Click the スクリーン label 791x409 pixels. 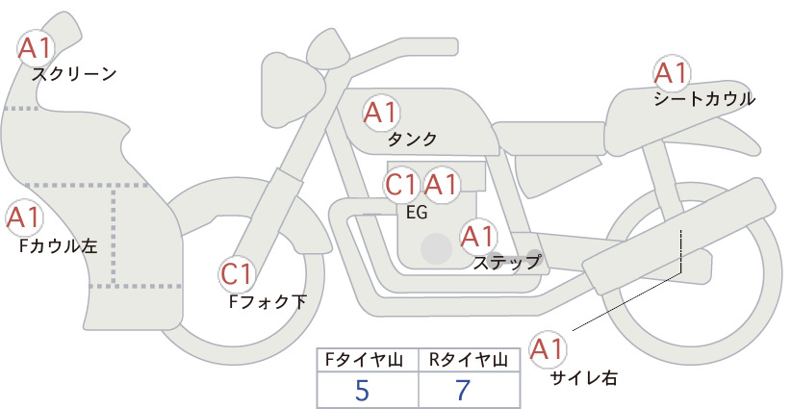pyautogui.click(x=74, y=75)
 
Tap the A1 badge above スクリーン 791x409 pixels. pyautogui.click(x=36, y=48)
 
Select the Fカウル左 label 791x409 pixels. pyautogui.click(x=58, y=246)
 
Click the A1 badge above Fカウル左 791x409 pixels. pyautogui.click(x=24, y=217)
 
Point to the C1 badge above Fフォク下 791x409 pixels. pyautogui.click(x=237, y=275)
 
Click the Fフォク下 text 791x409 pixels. pyautogui.click(x=268, y=301)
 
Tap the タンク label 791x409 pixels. pyautogui.click(x=412, y=140)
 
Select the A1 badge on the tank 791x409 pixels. pyautogui.click(x=381, y=113)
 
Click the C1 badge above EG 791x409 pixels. pyautogui.click(x=402, y=185)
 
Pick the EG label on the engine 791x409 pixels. pyautogui.click(x=417, y=213)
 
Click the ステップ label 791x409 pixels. pyautogui.click(x=506, y=263)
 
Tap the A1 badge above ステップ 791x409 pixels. pyautogui.click(x=478, y=236)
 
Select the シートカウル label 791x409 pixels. pyautogui.click(x=704, y=99)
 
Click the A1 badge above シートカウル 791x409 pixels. pyautogui.click(x=672, y=72)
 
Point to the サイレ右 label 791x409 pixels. pyautogui.click(x=584, y=378)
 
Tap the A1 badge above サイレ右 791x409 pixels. pyautogui.click(x=548, y=349)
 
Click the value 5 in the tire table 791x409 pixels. pyautogui.click(x=362, y=390)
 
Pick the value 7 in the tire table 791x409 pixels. pyautogui.click(x=462, y=390)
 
